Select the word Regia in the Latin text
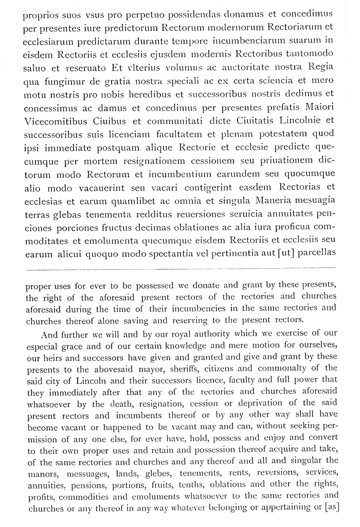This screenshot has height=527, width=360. tap(320, 67)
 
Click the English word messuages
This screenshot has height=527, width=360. tap(79, 473)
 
